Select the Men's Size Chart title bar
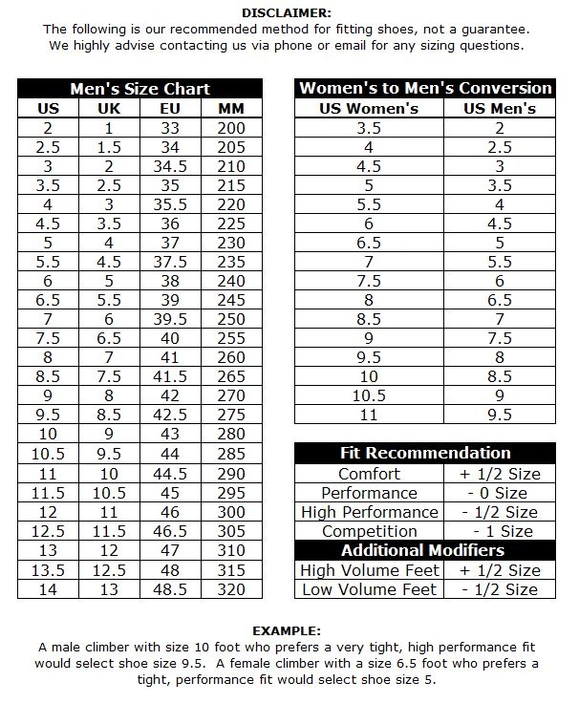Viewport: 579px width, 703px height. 139,89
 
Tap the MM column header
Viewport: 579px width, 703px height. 231,108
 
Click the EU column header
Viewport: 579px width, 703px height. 170,108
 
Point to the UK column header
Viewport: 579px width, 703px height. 109,108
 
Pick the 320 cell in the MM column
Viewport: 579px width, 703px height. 231,589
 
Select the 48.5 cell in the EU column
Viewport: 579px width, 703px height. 170,589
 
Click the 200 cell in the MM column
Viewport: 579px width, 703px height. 231,128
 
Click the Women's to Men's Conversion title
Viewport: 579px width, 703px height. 425,89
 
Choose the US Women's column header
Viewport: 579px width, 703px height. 369,108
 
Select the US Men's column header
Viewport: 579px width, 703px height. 500,108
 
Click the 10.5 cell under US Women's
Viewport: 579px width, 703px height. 369,395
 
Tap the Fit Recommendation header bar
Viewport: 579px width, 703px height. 425,453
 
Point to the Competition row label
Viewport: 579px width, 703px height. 370,531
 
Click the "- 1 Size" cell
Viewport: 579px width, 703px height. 500,531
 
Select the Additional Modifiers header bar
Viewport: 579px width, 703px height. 425,550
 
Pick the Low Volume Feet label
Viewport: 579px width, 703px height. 370,589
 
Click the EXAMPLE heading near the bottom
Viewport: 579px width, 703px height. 287,631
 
